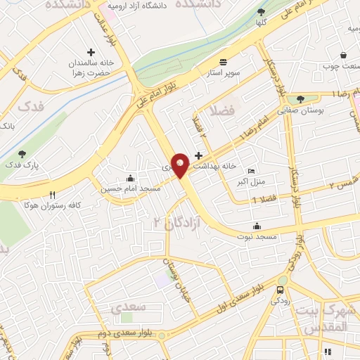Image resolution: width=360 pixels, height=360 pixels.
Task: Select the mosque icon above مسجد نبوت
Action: pyautogui.click(x=257, y=226)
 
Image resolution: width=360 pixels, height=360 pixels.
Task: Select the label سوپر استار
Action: pyautogui.click(x=223, y=72)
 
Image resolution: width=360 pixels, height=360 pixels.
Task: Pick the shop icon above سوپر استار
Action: pyautogui.click(x=223, y=61)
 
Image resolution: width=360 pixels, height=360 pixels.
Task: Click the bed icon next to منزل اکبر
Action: pyautogui.click(x=252, y=172)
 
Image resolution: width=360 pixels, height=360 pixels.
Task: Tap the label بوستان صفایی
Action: pyautogui.click(x=300, y=110)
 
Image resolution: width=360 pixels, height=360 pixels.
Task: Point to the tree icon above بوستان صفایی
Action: pyautogui.click(x=300, y=99)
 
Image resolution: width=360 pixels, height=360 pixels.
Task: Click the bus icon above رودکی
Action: pyautogui.click(x=281, y=290)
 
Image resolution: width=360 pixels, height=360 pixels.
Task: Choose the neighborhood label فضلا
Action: pyautogui.click(x=222, y=111)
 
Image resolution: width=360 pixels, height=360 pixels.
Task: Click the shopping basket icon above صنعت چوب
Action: pyautogui.click(x=342, y=55)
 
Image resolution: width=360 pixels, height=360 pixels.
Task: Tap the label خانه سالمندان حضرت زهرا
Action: pyautogui.click(x=91, y=68)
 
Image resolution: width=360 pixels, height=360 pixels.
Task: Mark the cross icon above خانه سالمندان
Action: pyautogui.click(x=91, y=52)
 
